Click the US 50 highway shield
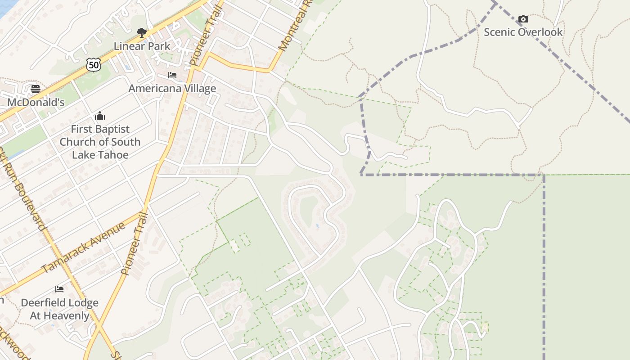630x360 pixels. coord(94,65)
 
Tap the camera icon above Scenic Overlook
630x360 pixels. coord(523,19)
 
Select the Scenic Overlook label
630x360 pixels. coord(523,32)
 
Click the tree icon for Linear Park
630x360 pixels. coord(142,32)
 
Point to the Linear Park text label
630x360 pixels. coord(142,46)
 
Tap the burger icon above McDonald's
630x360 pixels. coord(36,89)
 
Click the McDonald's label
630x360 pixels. coord(36,102)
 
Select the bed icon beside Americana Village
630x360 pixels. coord(172,75)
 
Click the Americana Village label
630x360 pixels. coord(172,88)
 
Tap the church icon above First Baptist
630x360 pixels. coord(100,116)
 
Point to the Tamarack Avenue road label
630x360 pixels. coord(83,247)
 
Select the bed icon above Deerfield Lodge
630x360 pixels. coord(59,289)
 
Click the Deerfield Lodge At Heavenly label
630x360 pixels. coord(59,309)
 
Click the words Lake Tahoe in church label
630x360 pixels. coord(100,155)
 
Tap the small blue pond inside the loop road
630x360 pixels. coord(318,225)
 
